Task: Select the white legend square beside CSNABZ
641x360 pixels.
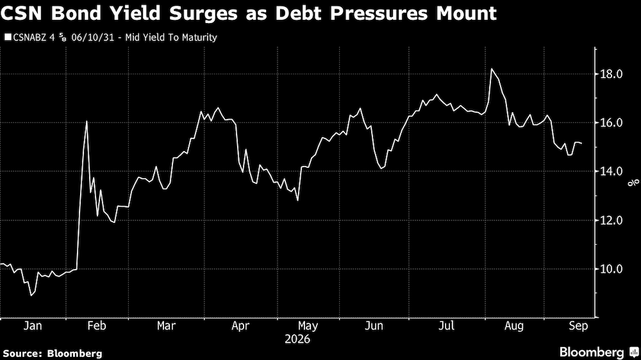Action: pos(8,38)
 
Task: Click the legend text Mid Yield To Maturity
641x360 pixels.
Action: pos(171,38)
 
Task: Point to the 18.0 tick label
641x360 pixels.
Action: pos(611,74)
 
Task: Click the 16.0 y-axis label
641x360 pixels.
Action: pos(611,122)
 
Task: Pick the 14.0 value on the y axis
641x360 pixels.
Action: pos(611,171)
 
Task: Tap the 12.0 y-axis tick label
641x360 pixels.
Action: pos(611,220)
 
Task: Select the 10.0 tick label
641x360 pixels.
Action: pos(611,269)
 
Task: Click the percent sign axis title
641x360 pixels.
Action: pos(634,183)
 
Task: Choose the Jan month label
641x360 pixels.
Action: pos(33,325)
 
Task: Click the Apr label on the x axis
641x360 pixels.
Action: pos(240,325)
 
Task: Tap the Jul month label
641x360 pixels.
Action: pos(446,325)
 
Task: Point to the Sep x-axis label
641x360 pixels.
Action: pos(578,325)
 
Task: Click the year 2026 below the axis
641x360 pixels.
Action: pos(297,340)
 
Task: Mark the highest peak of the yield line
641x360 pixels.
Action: pos(492,69)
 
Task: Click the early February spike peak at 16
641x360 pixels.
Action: pos(87,121)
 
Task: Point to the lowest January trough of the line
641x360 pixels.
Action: pos(31,295)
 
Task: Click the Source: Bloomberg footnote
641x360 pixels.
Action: pos(53,354)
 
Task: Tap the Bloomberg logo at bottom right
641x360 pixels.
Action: pos(599,352)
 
